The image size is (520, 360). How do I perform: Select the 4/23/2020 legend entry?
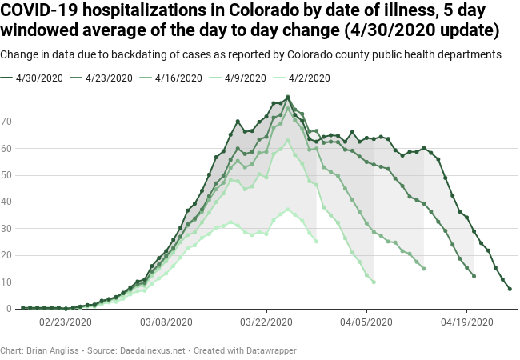[x=107, y=78]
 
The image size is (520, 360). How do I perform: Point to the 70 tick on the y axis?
[x=8, y=122]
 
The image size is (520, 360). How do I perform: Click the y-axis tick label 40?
[x=8, y=202]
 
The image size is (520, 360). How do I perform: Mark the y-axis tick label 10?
[x=8, y=282]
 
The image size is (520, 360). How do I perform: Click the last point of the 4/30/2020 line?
[x=510, y=289]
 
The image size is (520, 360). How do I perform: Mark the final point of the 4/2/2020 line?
[x=316, y=241]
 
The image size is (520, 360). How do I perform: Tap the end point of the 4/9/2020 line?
[x=374, y=282]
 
